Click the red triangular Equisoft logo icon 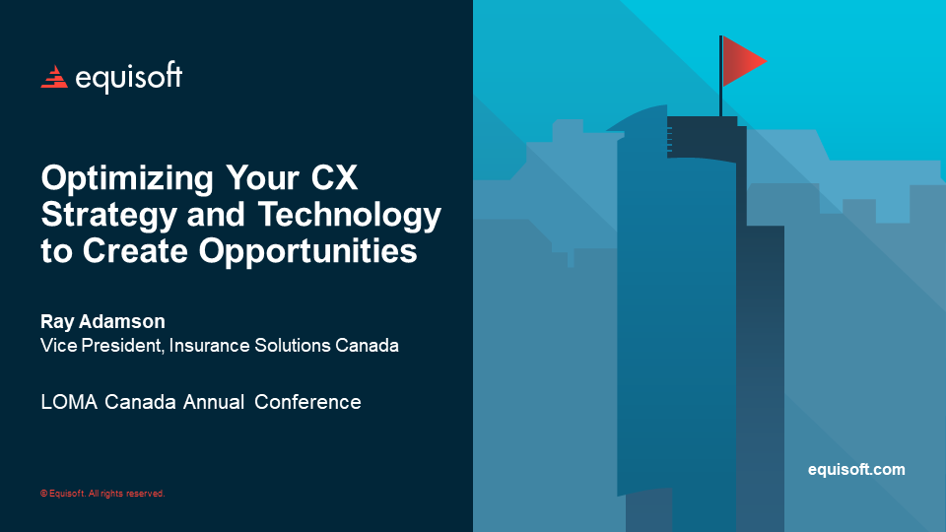(x=53, y=77)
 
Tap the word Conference (x=308, y=402)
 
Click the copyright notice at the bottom (x=102, y=494)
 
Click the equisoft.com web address (x=855, y=470)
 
